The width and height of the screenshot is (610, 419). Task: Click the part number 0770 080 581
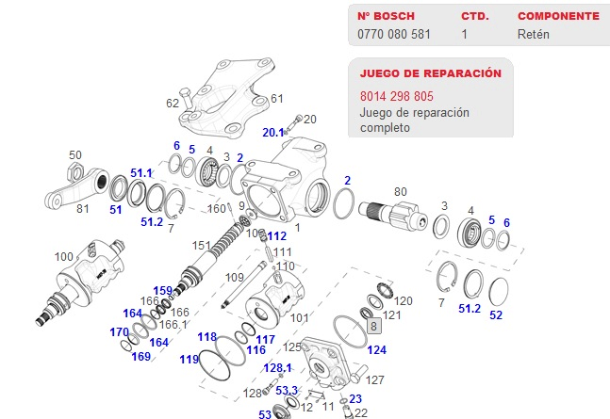click(395, 35)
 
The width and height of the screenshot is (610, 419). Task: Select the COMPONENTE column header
click(558, 16)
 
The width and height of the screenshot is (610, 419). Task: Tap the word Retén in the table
click(533, 35)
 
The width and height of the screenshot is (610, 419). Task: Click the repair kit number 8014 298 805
click(397, 96)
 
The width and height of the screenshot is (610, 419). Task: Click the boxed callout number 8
click(373, 326)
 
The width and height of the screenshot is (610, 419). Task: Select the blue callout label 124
click(377, 350)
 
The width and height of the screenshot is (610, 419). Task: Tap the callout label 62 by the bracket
click(173, 103)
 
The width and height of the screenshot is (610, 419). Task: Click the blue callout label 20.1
click(273, 132)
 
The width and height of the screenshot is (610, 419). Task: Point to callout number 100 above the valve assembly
click(64, 256)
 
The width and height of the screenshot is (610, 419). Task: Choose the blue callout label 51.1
click(141, 173)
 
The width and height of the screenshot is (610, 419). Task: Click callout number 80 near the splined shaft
click(401, 192)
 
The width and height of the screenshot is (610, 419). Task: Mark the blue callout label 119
click(190, 359)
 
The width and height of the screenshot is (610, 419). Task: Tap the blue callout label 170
click(119, 332)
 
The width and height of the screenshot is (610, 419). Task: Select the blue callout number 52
click(496, 314)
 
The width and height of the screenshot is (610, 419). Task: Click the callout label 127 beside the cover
click(375, 380)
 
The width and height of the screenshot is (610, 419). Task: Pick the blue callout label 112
click(276, 236)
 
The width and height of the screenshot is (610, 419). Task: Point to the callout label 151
click(202, 246)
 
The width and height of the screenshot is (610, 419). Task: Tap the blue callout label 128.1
click(278, 367)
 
